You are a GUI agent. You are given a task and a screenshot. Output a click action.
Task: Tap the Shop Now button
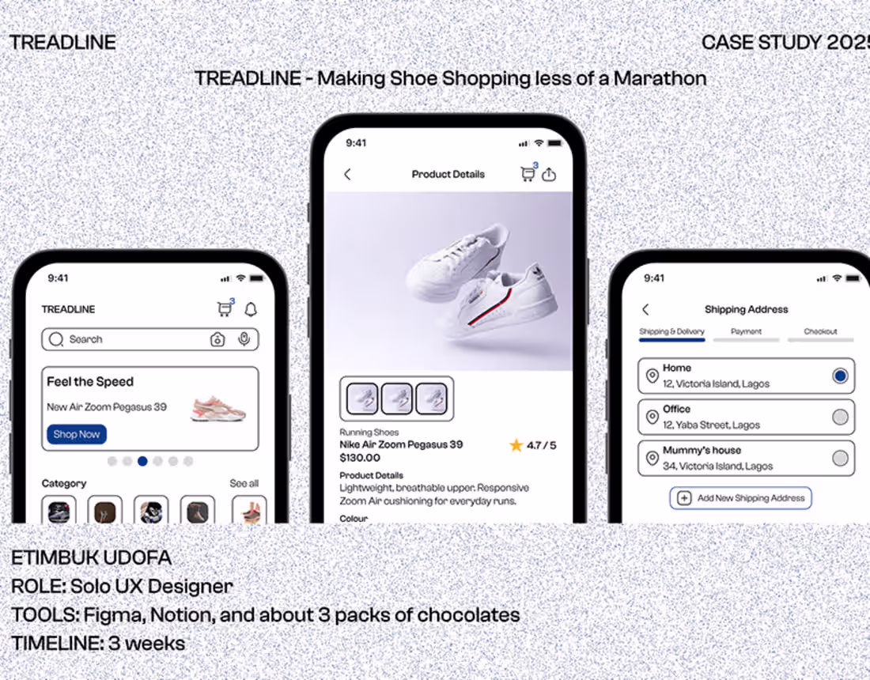pos(77,434)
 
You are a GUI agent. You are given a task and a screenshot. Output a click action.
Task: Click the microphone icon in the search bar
pos(244,339)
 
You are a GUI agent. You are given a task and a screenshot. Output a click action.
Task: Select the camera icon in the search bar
pos(217,339)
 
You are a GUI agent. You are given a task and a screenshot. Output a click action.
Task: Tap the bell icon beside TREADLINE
pos(251,309)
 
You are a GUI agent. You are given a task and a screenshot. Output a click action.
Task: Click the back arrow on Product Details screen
pos(347,174)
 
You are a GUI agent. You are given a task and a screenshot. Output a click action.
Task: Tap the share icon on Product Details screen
pos(549,175)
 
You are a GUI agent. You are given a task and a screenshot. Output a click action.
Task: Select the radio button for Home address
pos(840,376)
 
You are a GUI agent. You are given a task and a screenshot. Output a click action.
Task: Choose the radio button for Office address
pos(840,417)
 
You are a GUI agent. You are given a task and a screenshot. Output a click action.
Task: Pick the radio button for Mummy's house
pos(840,458)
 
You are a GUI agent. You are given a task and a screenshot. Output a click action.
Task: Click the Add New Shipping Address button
pos(741,498)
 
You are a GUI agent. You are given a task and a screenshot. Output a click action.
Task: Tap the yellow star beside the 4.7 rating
pos(516,445)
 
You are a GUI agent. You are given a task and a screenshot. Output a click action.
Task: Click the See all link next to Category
pos(244,483)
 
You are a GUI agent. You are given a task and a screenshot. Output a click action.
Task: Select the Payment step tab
pos(746,332)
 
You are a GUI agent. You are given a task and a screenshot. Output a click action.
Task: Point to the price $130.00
pos(360,458)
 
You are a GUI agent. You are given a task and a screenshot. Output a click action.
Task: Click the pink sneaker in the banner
pos(219,408)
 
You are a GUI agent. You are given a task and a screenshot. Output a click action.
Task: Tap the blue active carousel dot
pos(142,461)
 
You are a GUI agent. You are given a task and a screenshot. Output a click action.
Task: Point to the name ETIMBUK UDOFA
pos(91,557)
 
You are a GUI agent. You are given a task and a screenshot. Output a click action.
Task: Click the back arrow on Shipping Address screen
pos(645,309)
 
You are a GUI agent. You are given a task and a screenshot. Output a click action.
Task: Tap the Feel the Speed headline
pos(90,382)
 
